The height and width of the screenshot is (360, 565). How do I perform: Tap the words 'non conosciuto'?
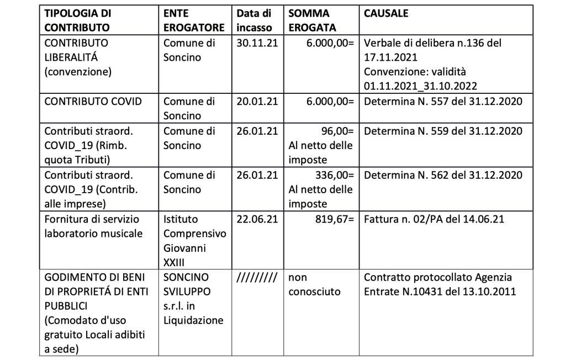pos(314,283)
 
